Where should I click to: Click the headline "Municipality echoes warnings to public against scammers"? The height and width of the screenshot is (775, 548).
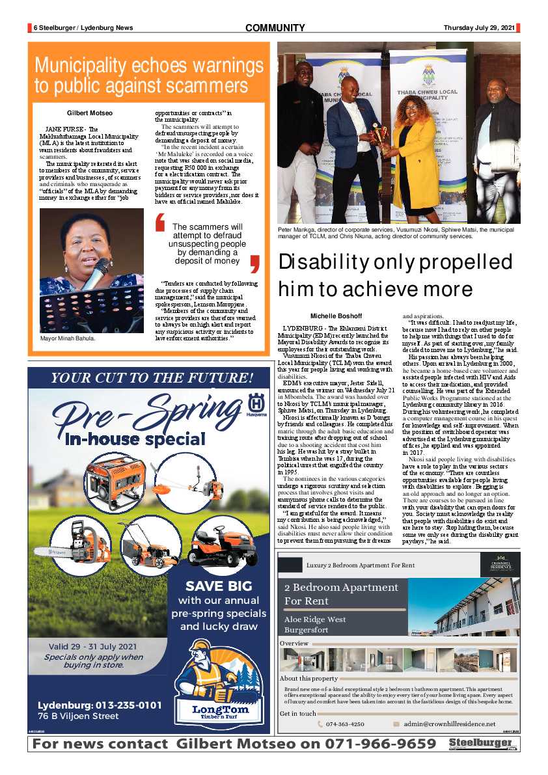coord(148,75)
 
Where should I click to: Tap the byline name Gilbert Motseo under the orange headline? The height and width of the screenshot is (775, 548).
coord(89,113)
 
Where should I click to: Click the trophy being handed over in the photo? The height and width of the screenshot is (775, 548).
coord(379,135)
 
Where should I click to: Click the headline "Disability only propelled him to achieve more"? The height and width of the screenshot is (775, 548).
coord(396,275)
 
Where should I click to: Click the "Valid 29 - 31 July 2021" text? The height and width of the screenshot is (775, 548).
coord(92,646)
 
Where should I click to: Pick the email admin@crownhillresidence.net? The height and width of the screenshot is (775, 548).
coord(449,724)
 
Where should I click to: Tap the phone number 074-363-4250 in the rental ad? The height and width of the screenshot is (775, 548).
coord(345,724)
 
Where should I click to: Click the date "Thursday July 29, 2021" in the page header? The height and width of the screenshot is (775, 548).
coord(479,27)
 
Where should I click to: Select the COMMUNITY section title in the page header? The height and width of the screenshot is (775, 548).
coord(275,27)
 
